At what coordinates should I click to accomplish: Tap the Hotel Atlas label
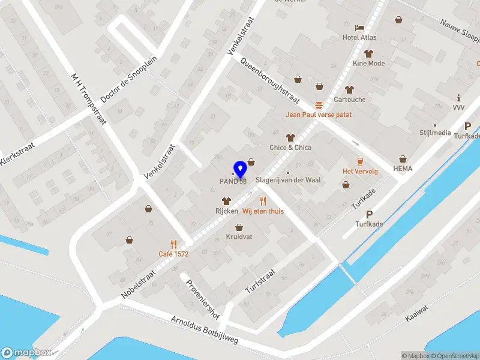pyautogui.click(x=359, y=37)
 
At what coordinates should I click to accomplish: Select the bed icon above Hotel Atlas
pyautogui.click(x=359, y=27)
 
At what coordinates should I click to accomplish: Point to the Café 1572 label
pyautogui.click(x=173, y=254)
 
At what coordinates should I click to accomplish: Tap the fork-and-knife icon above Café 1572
pyautogui.click(x=173, y=244)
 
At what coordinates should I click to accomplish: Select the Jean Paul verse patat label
pyautogui.click(x=318, y=115)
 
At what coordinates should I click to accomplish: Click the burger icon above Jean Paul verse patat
pyautogui.click(x=318, y=104)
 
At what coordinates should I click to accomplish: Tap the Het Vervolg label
pyautogui.click(x=360, y=171)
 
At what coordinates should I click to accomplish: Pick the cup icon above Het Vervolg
pyautogui.click(x=360, y=161)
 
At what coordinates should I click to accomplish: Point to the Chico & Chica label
pyautogui.click(x=290, y=148)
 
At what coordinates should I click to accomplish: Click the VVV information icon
pyautogui.click(x=459, y=97)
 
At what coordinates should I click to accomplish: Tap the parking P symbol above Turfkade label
pyautogui.click(x=369, y=214)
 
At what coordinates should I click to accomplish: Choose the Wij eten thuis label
pyautogui.click(x=263, y=211)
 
